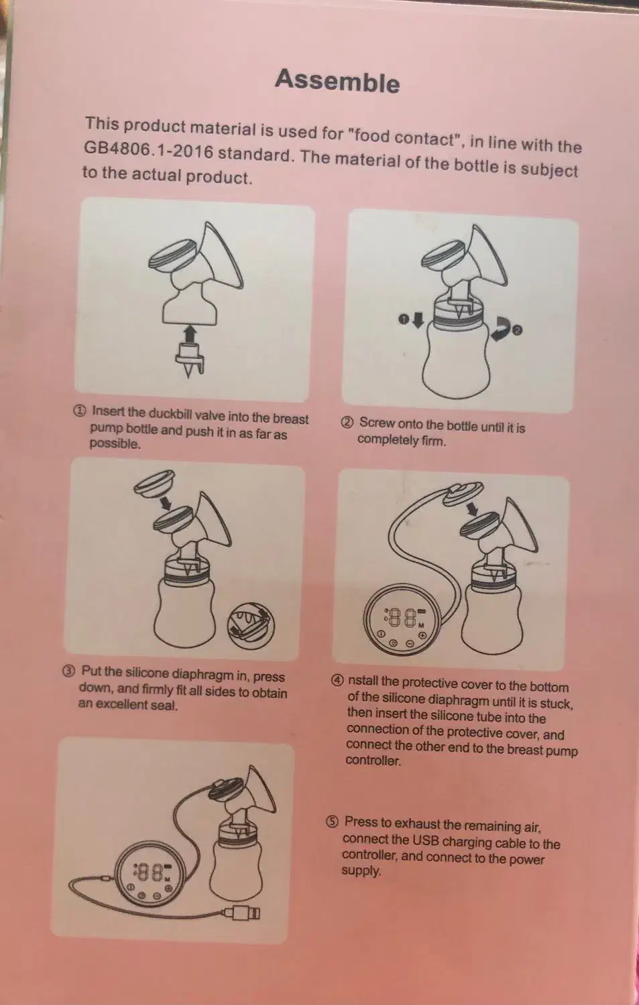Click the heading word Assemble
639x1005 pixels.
(337, 81)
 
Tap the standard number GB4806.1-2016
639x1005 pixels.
(148, 151)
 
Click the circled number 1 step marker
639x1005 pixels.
(80, 411)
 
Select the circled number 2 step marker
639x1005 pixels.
(347, 423)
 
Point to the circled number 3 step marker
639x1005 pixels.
(68, 671)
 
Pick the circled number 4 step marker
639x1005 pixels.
(338, 681)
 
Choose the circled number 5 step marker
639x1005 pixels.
(332, 821)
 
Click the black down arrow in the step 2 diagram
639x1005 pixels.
(418, 320)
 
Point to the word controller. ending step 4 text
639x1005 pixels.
(373, 760)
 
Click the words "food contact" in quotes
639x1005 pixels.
(403, 137)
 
